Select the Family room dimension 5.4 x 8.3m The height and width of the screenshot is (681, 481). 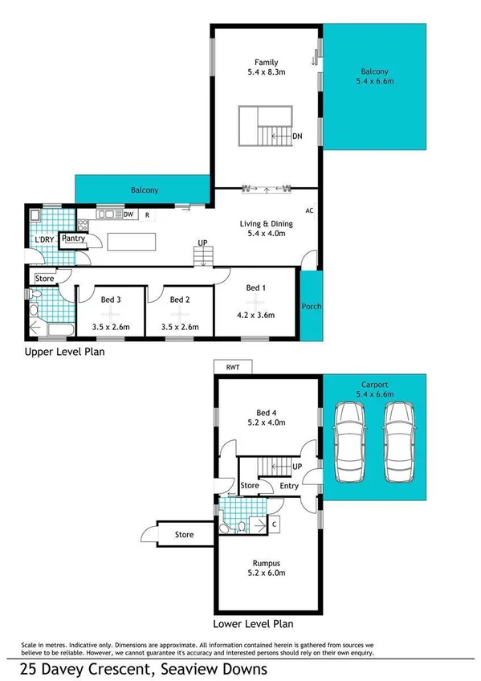[266, 72]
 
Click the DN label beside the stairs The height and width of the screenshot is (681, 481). [297, 137]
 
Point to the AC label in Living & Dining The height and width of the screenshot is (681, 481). [308, 210]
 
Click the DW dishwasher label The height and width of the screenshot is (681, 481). [128, 214]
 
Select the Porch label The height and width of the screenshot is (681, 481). [311, 306]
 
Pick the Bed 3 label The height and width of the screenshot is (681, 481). [111, 300]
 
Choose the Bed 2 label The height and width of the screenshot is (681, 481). [181, 300]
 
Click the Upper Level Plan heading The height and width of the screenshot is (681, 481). [64, 351]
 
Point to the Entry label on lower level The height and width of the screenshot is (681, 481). [288, 485]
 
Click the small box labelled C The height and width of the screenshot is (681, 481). [274, 524]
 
